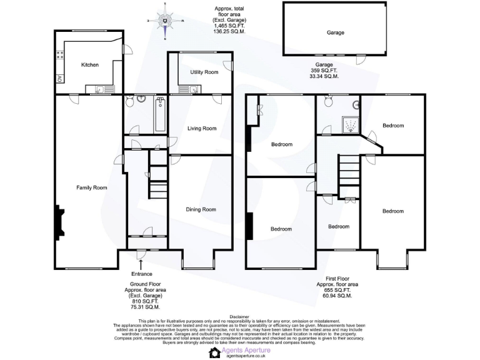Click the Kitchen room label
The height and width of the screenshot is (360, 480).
click(x=89, y=65)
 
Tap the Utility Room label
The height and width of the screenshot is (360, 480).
click(x=204, y=72)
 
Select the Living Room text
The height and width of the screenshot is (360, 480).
click(x=201, y=129)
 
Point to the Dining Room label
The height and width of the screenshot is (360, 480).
click(x=201, y=209)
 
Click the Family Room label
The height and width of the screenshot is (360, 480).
click(x=91, y=187)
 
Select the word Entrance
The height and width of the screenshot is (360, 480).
click(x=142, y=274)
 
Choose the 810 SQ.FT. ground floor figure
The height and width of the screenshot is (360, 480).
click(x=142, y=301)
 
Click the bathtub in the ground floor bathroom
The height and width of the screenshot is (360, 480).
click(x=159, y=114)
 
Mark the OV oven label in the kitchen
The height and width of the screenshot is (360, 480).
click(x=60, y=78)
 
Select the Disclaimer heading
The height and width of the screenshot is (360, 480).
click(x=239, y=317)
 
